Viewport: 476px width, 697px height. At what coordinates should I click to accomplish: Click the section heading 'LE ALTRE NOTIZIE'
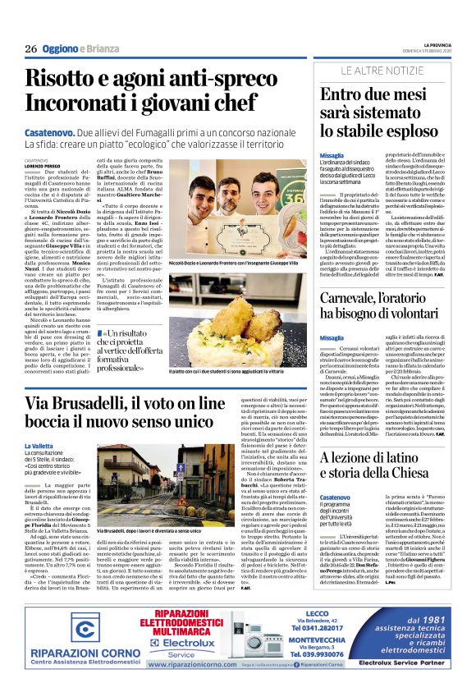(x=381, y=73)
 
